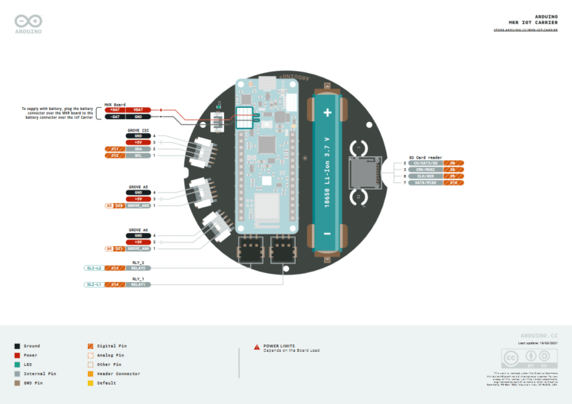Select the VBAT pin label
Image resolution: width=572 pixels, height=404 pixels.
point(138,109)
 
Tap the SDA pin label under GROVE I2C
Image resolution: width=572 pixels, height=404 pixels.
point(138,149)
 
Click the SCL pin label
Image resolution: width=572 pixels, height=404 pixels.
point(138,155)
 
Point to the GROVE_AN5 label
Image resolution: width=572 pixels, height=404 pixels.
point(138,205)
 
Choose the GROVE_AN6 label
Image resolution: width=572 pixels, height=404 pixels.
point(138,249)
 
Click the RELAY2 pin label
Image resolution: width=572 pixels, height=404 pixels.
point(138,268)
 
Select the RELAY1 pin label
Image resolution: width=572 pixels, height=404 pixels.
point(138,284)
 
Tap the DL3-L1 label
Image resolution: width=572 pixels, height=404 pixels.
point(94,284)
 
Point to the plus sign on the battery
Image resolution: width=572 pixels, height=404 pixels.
point(326,112)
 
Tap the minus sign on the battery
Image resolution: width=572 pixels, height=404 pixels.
point(326,235)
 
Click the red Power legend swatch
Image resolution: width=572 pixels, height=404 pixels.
point(17,355)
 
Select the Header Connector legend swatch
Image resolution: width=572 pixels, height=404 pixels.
point(90,373)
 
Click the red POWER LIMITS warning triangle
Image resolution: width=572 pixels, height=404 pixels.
point(257,347)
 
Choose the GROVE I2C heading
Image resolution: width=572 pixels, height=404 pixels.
point(139,130)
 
